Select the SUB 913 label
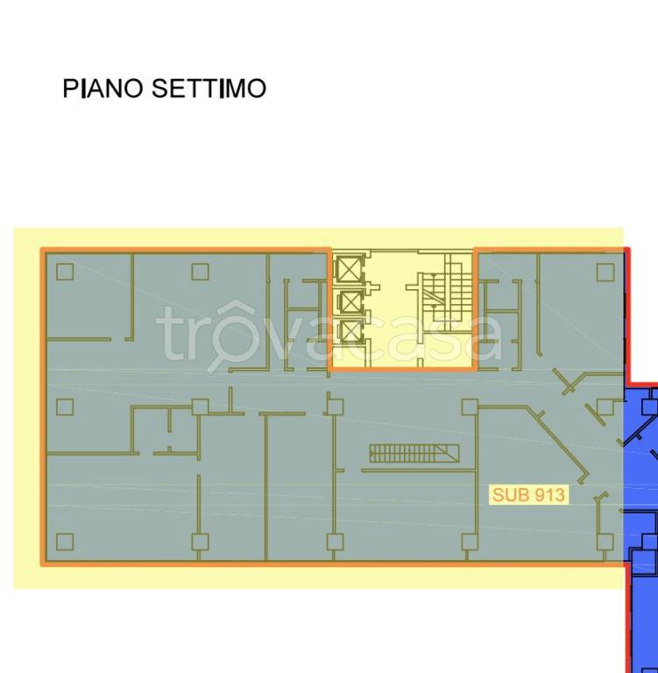pos(528,495)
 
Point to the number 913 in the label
pos(548,495)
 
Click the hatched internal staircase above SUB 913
pos(414,453)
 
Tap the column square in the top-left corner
pos(64,272)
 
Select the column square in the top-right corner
pos(605,272)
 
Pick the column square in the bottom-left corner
pos(64,542)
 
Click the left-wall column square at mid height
pos(64,407)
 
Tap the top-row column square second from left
pos(200,272)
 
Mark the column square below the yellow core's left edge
pos(333,407)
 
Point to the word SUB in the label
pos(508,495)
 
